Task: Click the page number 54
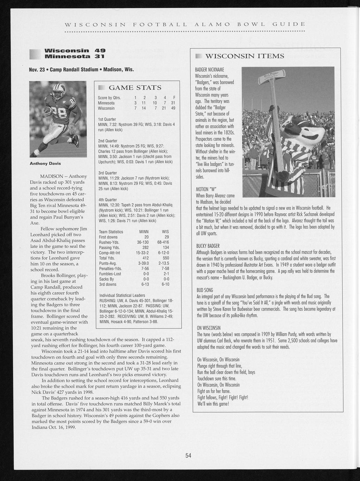coord(188,455)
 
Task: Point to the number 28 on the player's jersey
coord(62,122)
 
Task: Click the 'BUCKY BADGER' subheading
coord(208,246)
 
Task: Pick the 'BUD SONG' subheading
coord(205,290)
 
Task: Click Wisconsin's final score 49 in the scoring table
coord(173,108)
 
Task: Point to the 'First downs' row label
coord(108,237)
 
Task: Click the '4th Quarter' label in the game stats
coord(108,200)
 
